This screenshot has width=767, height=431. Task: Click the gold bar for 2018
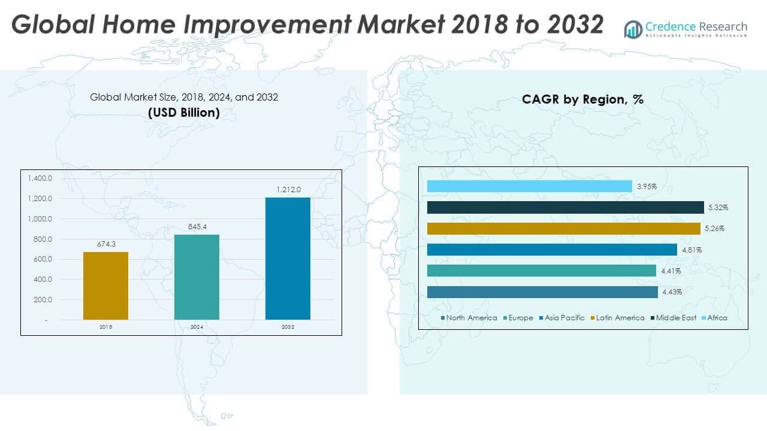(105, 286)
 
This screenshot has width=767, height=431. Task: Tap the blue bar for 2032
(288, 258)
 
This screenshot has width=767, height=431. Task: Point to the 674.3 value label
(105, 244)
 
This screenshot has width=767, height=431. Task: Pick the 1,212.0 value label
(288, 189)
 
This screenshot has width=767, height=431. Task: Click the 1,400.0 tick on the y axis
(40, 178)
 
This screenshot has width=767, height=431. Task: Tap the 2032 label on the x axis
(288, 327)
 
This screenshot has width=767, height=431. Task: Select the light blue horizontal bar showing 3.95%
(529, 186)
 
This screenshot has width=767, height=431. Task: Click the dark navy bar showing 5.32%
(565, 207)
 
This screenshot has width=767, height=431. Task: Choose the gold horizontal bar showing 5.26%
(563, 229)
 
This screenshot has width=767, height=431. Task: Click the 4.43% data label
(671, 292)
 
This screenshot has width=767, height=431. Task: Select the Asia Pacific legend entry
(564, 318)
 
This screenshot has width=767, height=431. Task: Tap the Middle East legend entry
(675, 318)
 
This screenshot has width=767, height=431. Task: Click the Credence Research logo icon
(633, 29)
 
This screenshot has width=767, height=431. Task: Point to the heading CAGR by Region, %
(582, 99)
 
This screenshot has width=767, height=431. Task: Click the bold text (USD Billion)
(184, 112)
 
